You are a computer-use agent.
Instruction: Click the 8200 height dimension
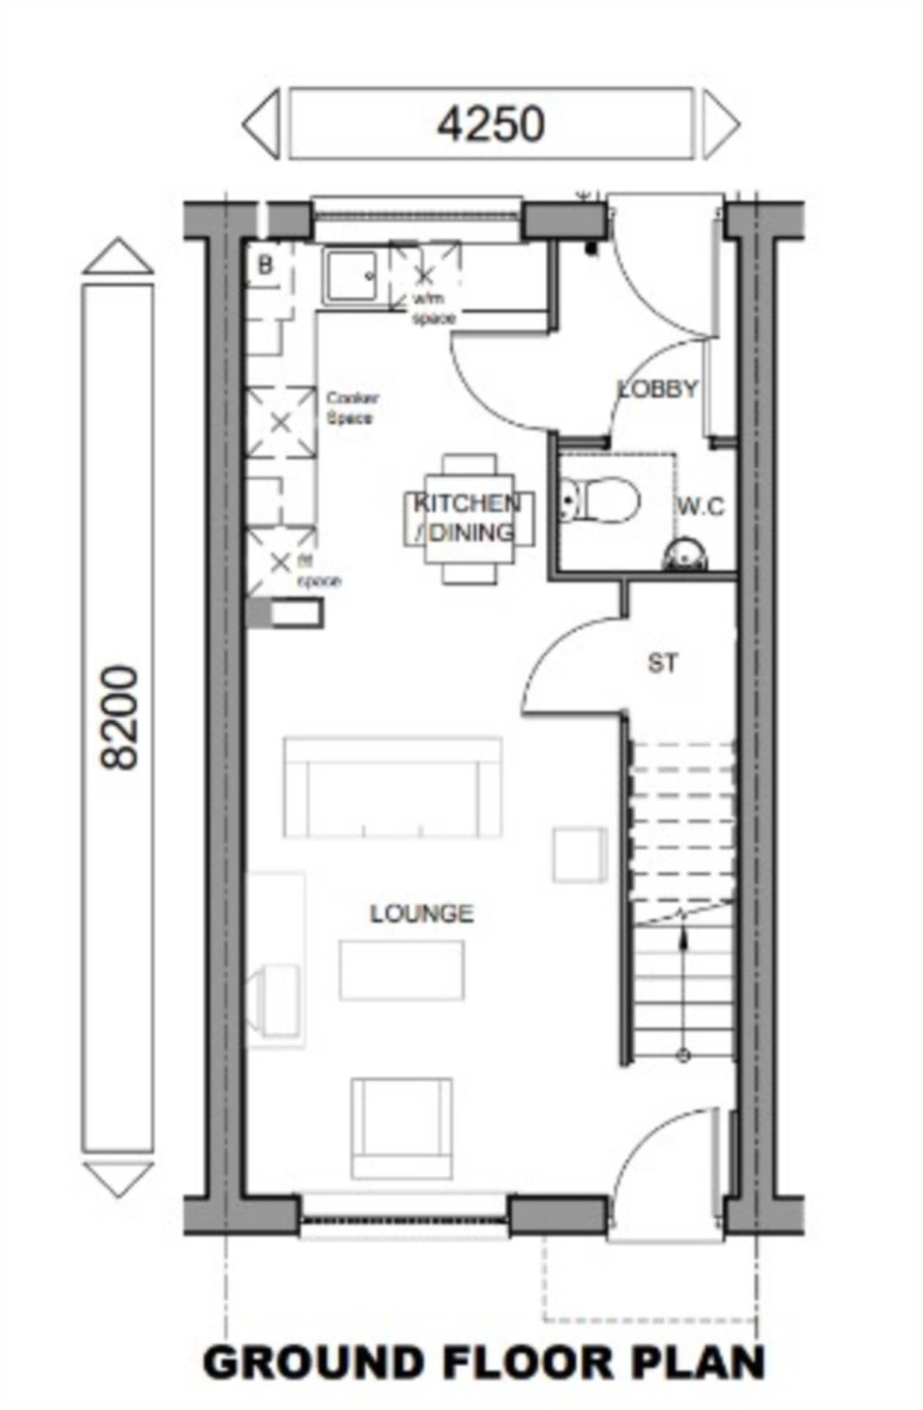[119, 717]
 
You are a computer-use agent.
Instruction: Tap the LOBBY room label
[657, 388]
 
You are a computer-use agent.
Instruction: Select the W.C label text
[701, 507]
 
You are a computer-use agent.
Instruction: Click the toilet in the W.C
[600, 501]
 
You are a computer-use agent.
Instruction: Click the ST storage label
[662, 664]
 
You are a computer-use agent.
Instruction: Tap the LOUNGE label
[421, 914]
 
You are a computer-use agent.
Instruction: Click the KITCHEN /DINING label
[468, 518]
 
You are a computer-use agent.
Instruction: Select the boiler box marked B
[265, 265]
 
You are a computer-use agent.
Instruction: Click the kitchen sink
[351, 276]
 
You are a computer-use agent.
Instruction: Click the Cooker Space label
[352, 408]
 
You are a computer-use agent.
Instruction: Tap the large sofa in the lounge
[393, 788]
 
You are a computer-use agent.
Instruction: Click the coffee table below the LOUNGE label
[401, 970]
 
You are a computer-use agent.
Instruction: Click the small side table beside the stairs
[579, 854]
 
